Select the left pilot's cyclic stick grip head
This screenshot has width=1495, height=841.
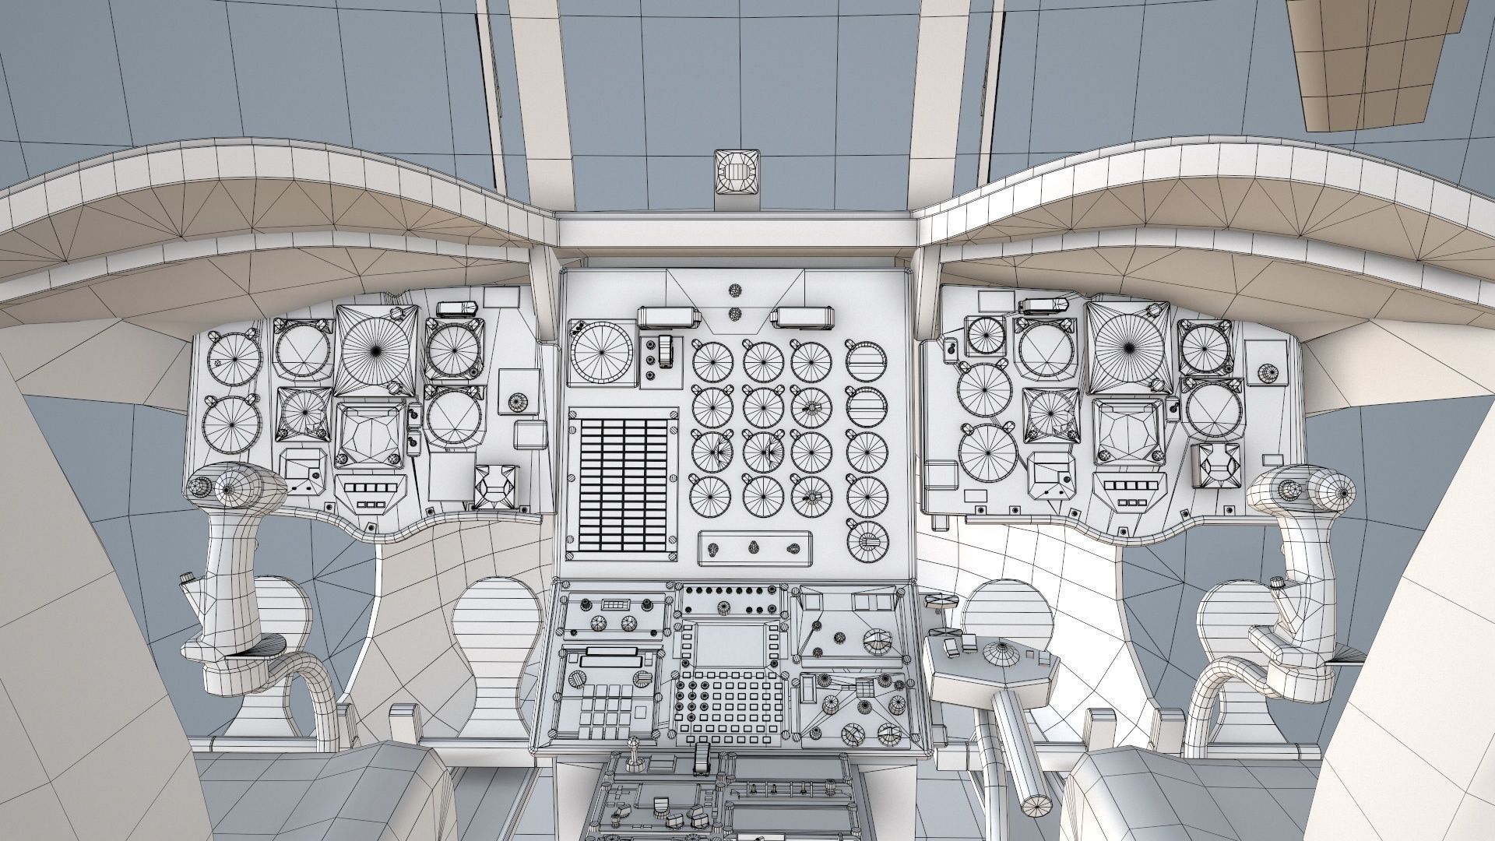[x=234, y=488]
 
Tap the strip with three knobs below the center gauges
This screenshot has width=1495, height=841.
[x=753, y=547]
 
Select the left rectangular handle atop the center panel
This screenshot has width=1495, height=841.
[x=666, y=316]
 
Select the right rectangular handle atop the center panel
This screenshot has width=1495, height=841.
[x=802, y=316]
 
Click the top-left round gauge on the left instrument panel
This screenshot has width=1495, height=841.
[x=234, y=360]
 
